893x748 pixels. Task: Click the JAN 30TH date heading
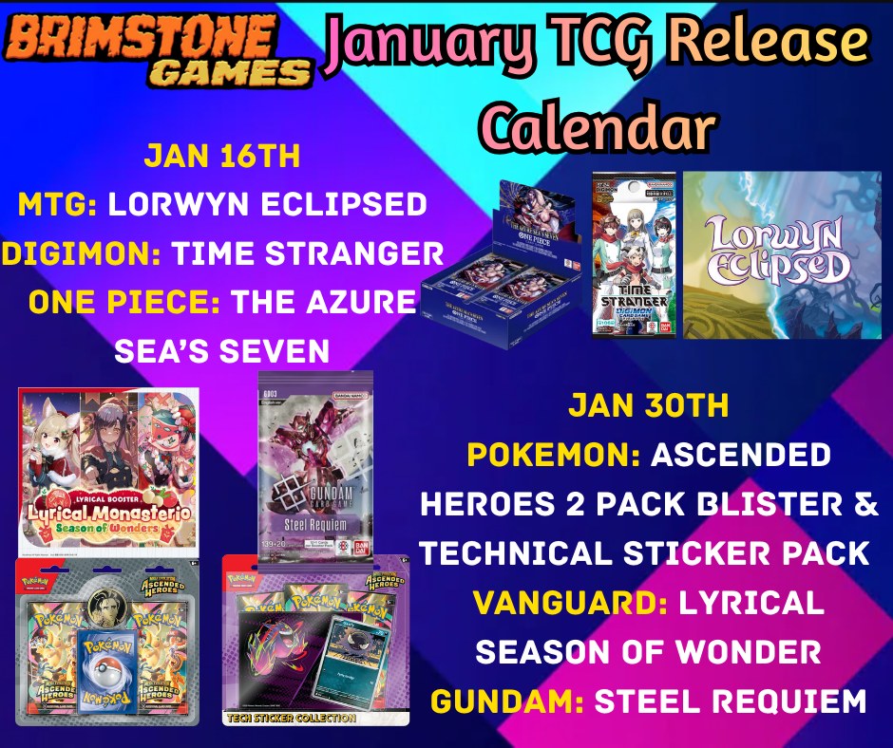click(648, 405)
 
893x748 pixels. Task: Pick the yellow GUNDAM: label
click(507, 701)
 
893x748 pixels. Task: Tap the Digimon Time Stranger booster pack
click(634, 254)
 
